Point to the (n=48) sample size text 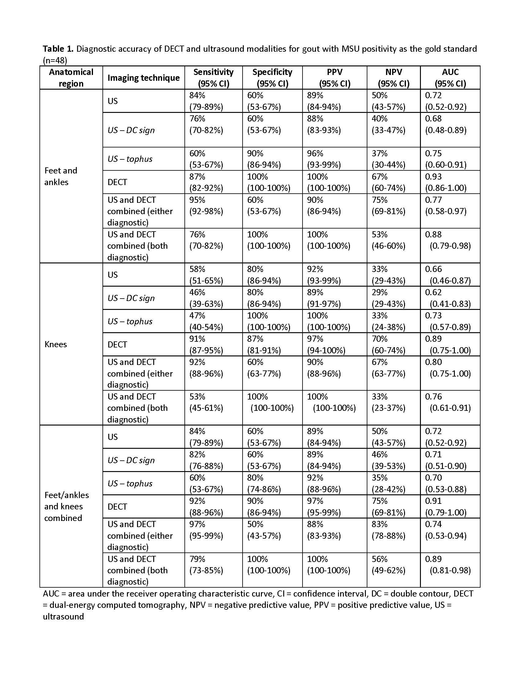click(55, 60)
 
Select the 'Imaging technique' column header click(143, 78)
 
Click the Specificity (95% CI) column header click(272, 78)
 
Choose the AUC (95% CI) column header click(450, 78)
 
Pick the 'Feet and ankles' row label click(61, 176)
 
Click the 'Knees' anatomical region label click(55, 344)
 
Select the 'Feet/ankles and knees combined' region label click(66, 506)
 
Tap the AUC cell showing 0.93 click(446, 182)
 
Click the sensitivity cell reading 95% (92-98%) click(206, 206)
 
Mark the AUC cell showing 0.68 click(446, 124)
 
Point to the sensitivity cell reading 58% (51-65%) click(206, 275)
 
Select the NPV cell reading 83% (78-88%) click(388, 530)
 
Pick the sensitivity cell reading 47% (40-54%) click(206, 321)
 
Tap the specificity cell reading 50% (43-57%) click(264, 530)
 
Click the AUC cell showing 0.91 click(446, 507)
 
